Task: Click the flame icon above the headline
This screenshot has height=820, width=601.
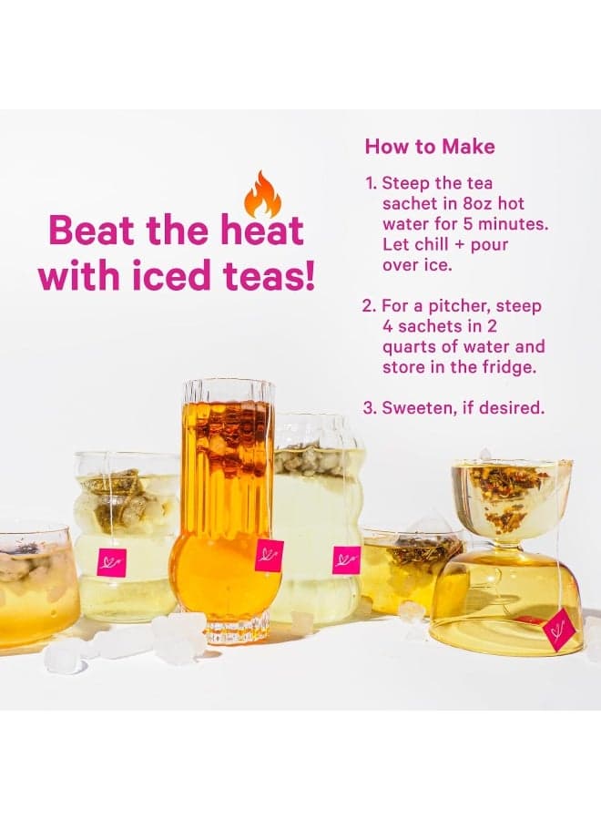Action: (262, 195)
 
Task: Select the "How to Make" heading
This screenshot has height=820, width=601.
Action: (430, 147)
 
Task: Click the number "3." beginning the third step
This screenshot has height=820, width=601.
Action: (370, 408)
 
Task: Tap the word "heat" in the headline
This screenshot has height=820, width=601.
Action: (269, 231)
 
